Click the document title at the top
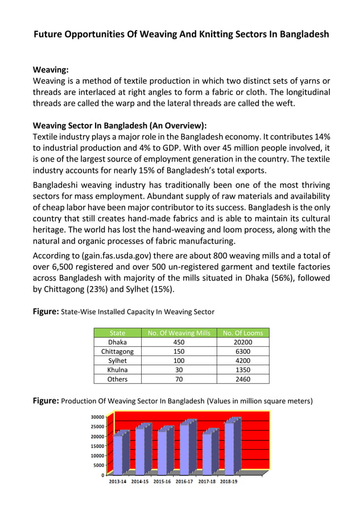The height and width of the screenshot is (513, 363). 181,34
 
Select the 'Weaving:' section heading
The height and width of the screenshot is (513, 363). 51,70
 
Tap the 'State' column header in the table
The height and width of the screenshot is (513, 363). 117,333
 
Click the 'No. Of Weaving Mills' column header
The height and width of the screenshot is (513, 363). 179,333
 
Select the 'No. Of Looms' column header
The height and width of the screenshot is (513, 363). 243,333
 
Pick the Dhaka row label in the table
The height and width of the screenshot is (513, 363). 117,342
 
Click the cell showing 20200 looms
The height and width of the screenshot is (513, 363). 243,342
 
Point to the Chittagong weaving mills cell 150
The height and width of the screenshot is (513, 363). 179,351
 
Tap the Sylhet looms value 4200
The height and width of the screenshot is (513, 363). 243,361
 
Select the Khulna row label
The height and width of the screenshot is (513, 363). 117,370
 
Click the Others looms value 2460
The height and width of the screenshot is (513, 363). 243,379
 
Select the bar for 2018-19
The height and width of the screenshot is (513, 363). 229,448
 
